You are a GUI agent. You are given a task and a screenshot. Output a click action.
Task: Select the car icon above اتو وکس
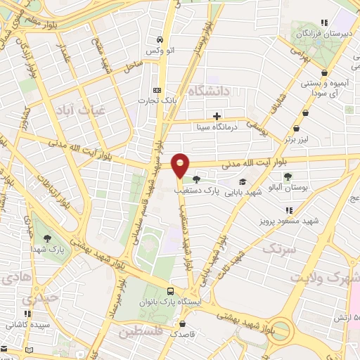pyautogui.click(x=161, y=39)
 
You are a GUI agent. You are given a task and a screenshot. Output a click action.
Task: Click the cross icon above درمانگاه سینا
pyautogui.click(x=217, y=116)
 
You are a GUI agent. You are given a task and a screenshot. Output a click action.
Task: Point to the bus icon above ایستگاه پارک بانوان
pyautogui.click(x=171, y=291)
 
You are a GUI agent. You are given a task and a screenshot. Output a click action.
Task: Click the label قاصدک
pyautogui.click(x=183, y=335)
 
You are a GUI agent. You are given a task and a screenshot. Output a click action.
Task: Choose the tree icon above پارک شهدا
pyautogui.click(x=47, y=238)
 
